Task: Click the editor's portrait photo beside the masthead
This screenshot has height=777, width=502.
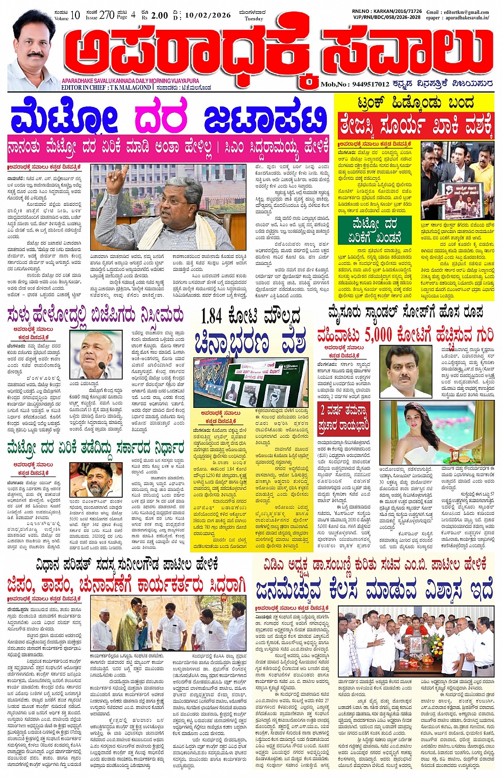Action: click(33, 51)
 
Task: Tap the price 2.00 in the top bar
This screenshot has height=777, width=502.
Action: click(159, 15)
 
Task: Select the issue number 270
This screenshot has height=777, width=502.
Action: click(107, 14)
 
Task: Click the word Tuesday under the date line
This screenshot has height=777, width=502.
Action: click(254, 19)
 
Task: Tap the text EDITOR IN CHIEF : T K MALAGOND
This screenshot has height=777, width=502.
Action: click(106, 87)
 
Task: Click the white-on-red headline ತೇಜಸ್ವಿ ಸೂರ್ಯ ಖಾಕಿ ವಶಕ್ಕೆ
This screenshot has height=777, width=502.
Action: click(416, 127)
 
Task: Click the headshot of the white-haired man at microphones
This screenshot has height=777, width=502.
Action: click(96, 355)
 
